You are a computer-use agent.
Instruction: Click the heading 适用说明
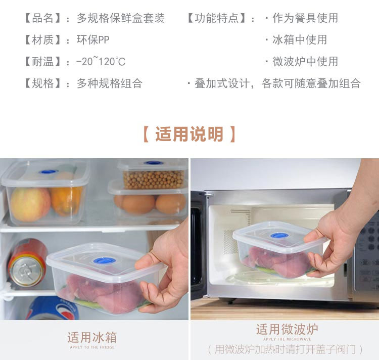click(189, 134)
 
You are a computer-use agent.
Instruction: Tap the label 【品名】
click(42, 18)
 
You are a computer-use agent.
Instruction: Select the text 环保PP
click(93, 39)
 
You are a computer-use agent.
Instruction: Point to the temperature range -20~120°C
click(101, 61)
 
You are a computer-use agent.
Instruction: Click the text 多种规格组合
click(110, 83)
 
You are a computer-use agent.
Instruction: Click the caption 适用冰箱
click(92, 337)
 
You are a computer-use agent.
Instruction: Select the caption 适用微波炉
click(287, 329)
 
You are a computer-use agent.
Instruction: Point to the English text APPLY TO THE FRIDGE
click(92, 347)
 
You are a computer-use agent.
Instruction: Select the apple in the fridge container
click(30, 205)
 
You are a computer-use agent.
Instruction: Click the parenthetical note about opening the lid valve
click(285, 349)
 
